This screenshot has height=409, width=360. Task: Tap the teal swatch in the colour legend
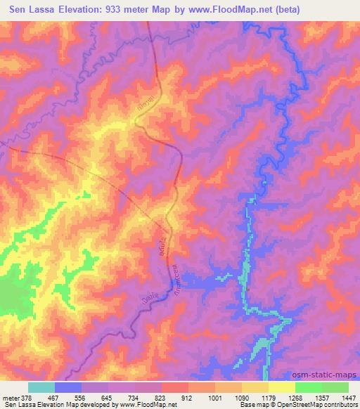pos(41,387)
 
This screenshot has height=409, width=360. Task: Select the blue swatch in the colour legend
pos(68,387)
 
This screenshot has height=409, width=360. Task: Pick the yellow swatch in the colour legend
pos(282,387)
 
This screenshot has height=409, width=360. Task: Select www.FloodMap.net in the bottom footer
pos(136,405)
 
